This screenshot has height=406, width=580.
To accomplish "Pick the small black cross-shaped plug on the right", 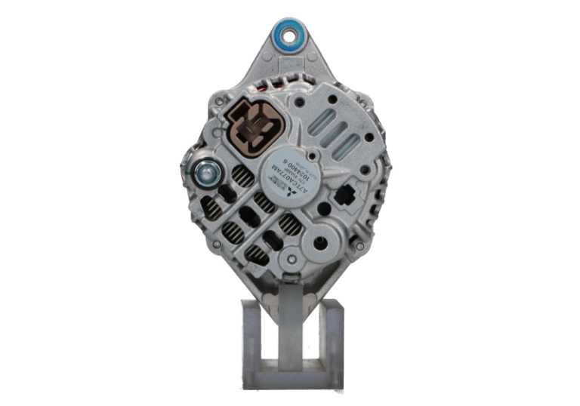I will tap(345, 198).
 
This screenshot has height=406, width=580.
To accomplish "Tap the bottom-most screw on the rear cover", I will tap(289, 263).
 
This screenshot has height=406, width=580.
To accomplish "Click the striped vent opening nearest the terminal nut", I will tap(240, 177).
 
